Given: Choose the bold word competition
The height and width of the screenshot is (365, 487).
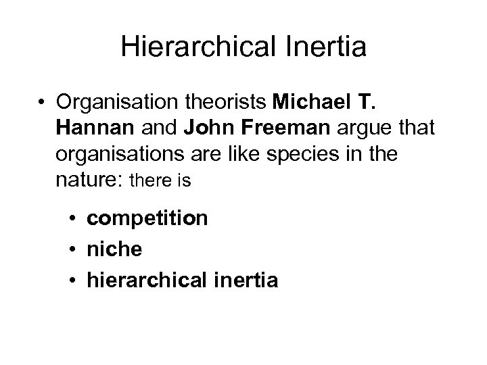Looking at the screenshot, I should (x=147, y=219).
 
